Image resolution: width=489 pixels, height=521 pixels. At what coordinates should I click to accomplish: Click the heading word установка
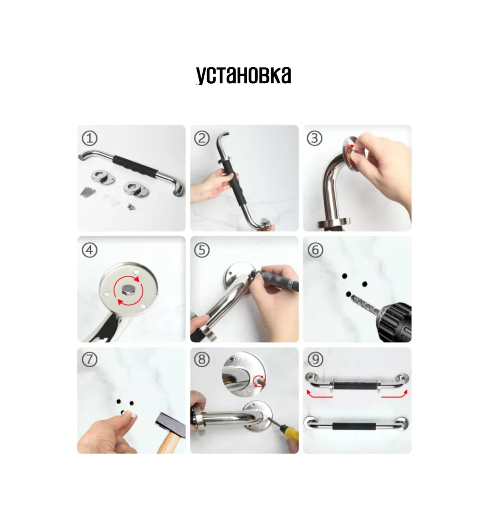244,75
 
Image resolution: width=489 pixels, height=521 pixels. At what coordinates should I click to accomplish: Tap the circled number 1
90,138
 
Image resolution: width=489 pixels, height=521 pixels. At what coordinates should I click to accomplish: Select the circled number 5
202,250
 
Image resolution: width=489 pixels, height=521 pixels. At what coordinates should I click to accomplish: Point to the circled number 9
315,359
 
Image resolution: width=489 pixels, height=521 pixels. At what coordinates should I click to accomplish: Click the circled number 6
315,250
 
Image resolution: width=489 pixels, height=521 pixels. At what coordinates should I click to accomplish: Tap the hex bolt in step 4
128,289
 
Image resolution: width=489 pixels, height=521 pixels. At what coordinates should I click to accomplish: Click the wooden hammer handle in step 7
169,443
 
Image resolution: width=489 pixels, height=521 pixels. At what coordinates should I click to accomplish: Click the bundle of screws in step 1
88,191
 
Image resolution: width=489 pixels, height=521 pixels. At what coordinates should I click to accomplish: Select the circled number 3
315,138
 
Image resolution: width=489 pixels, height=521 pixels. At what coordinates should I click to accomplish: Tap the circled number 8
202,359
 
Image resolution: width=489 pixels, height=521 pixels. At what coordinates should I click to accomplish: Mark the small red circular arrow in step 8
258,381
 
